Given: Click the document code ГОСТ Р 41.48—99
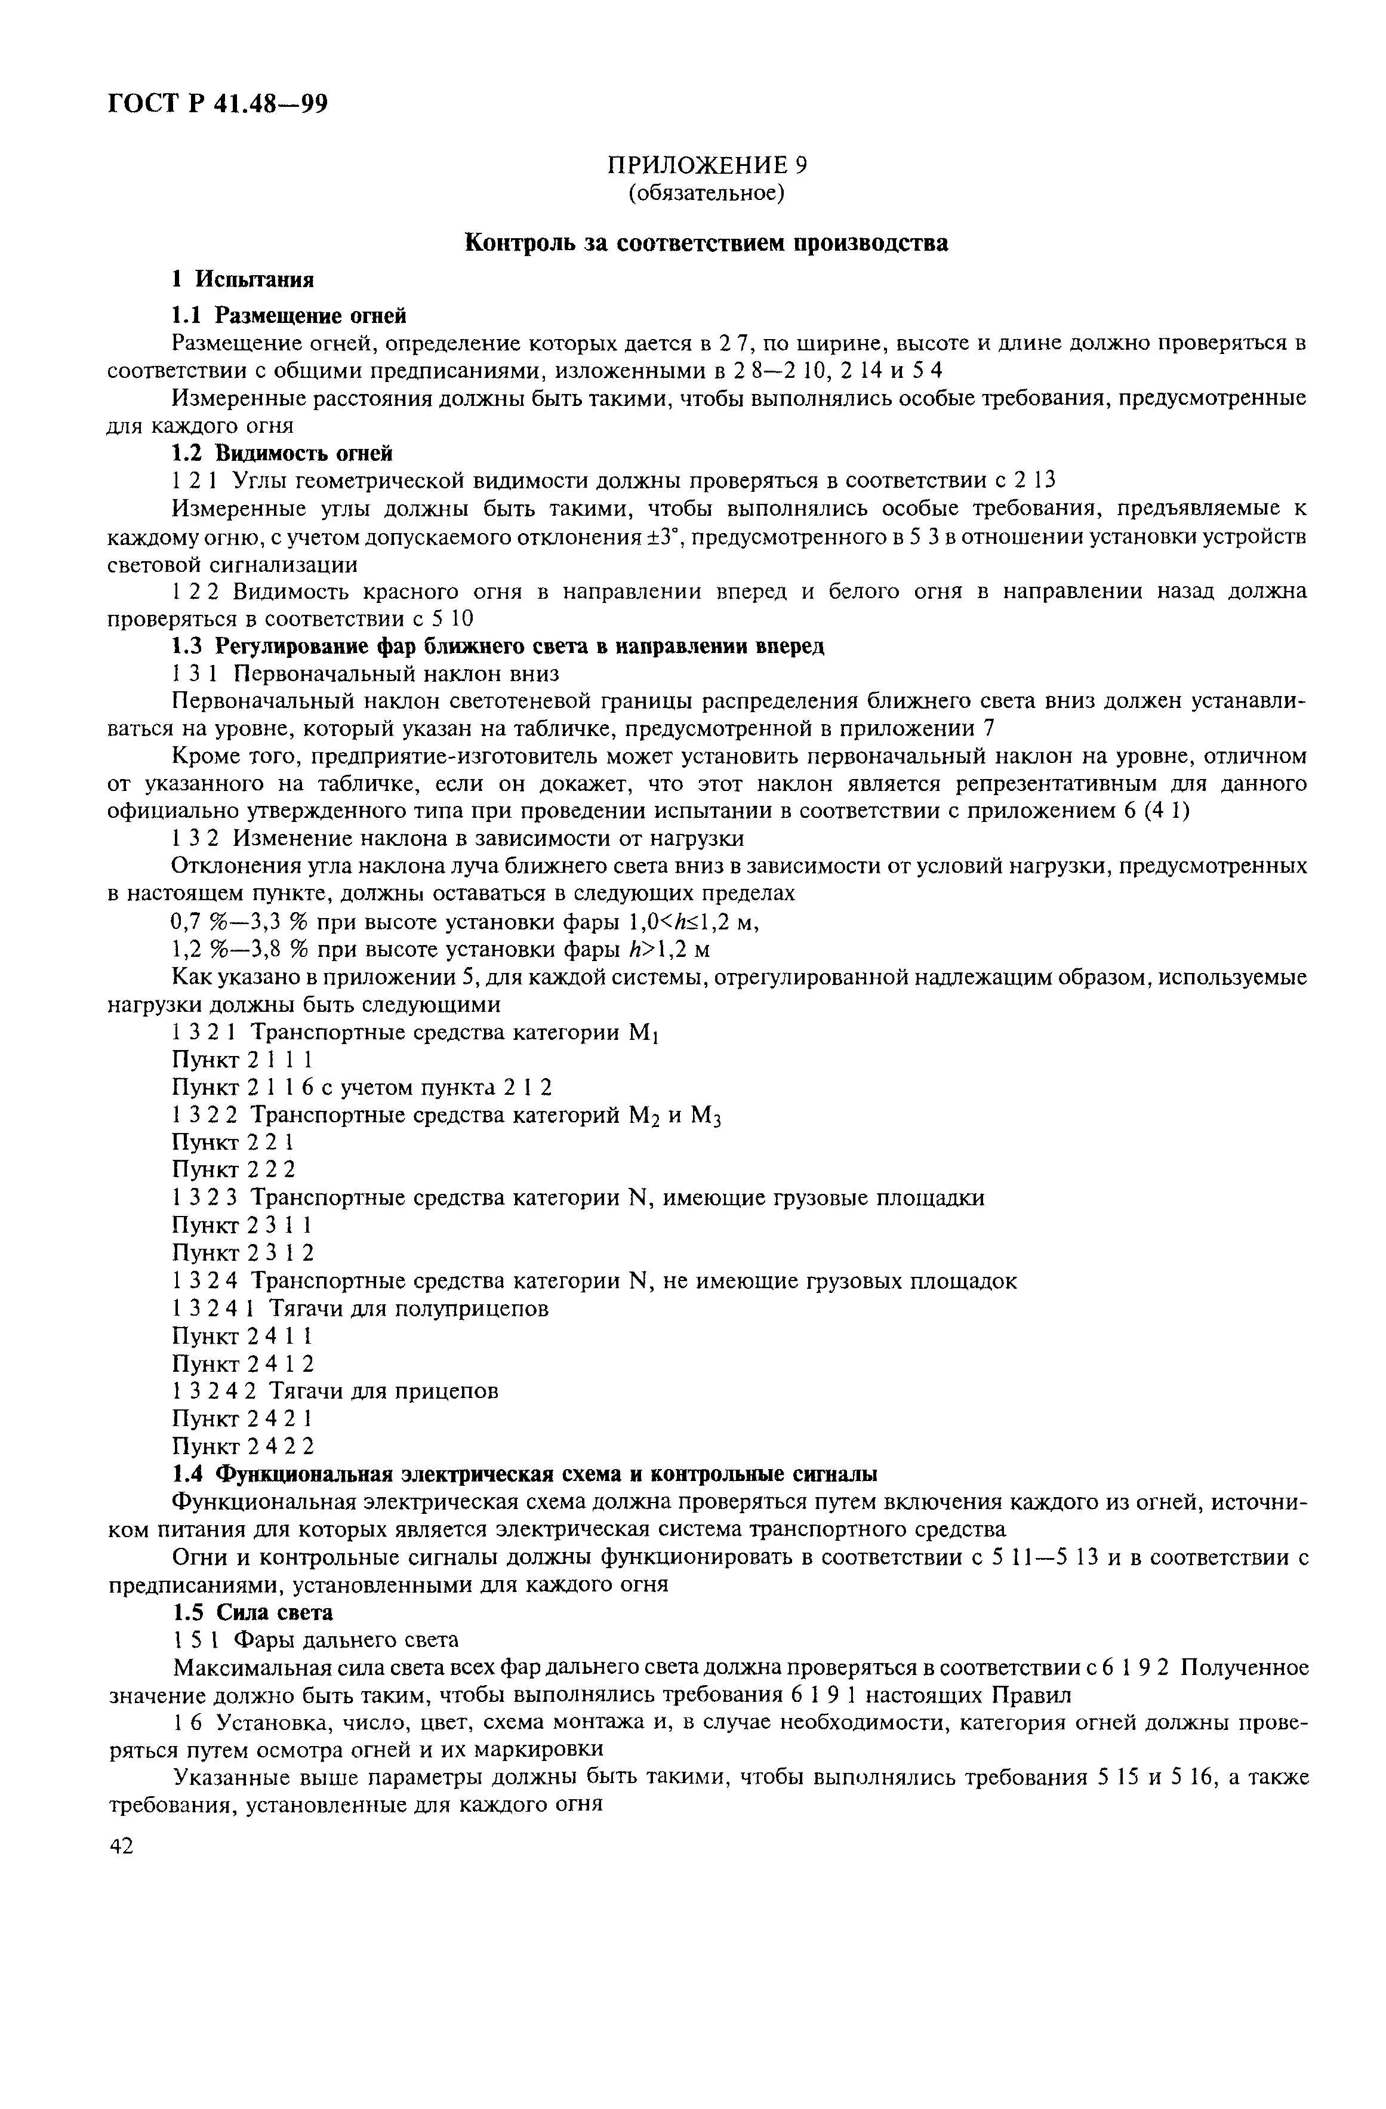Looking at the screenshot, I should coord(218,104).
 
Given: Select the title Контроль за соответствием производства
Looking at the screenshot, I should coord(706,243).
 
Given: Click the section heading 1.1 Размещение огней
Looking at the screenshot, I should coord(289,315).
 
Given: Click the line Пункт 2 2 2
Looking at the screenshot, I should coord(233,1169).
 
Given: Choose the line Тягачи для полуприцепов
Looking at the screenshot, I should coord(408,1308).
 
